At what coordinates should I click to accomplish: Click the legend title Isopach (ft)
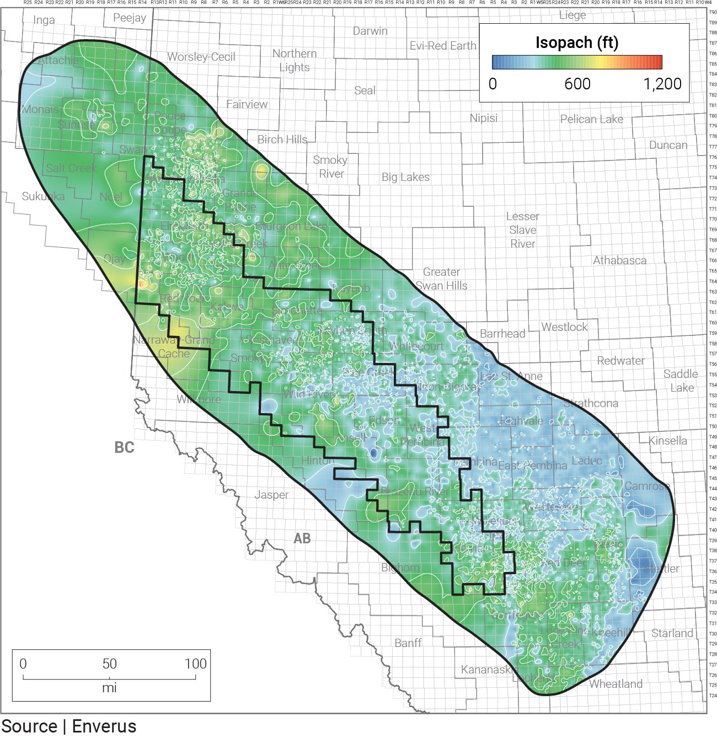coord(577,42)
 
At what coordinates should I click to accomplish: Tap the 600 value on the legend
coord(577,84)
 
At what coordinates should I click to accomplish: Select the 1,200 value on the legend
coord(662,84)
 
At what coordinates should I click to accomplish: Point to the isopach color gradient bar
coord(577,62)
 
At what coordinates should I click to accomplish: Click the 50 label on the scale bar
coord(109,664)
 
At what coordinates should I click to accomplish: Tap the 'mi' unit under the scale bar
coord(109,688)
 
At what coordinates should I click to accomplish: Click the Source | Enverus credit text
coord(68,726)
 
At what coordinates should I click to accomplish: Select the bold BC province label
coord(124,447)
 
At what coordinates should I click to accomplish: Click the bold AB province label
coord(302,538)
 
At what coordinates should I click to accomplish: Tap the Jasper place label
coord(271,495)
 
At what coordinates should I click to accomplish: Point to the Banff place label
coord(408,643)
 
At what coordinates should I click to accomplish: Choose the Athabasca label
coord(619,260)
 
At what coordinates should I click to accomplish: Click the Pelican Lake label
coord(591,119)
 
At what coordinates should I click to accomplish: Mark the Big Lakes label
coord(405,177)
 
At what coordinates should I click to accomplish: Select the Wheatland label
coord(616,684)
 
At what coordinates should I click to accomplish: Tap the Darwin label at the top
coord(370,31)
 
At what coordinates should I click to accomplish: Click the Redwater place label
coord(620,361)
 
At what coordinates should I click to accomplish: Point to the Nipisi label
coord(483,118)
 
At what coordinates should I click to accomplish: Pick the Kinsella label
coord(667,441)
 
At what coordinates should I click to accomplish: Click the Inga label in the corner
coord(44,20)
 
